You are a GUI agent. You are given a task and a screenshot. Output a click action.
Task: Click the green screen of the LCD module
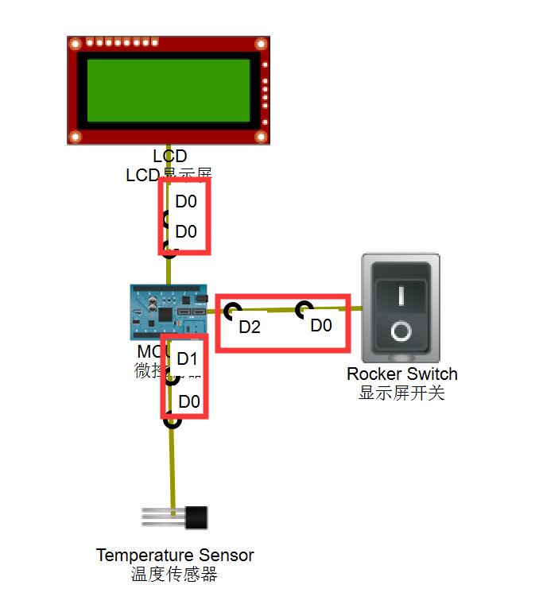point(169,90)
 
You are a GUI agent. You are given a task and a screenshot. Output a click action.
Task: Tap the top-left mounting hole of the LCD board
point(76,45)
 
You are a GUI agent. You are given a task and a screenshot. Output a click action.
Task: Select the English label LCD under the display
point(169,157)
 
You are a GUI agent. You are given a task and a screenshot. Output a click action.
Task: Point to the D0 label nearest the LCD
point(186,202)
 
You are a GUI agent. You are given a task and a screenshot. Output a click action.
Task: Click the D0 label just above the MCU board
point(186,231)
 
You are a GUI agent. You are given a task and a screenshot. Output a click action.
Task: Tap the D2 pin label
point(250,327)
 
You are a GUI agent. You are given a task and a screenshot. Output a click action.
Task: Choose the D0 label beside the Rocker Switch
point(321,325)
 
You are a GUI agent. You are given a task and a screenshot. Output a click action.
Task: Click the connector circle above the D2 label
point(232,310)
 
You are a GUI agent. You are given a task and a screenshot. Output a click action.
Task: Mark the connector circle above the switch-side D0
point(304,309)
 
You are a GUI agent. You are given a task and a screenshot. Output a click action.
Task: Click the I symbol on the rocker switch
point(401,296)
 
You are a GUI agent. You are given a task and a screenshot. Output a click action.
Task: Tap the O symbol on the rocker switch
point(401,330)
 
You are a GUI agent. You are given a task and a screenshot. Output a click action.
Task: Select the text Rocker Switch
point(401,374)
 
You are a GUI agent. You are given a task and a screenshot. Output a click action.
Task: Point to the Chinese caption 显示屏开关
point(401,393)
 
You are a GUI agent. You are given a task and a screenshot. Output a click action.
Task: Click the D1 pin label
point(187,358)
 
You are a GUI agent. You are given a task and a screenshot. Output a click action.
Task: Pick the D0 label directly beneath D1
point(189,401)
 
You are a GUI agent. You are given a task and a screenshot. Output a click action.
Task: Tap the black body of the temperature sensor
point(197,517)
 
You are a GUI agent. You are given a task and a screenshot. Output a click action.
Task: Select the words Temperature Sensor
point(175,555)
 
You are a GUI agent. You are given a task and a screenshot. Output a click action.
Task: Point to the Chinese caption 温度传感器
point(174,574)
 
